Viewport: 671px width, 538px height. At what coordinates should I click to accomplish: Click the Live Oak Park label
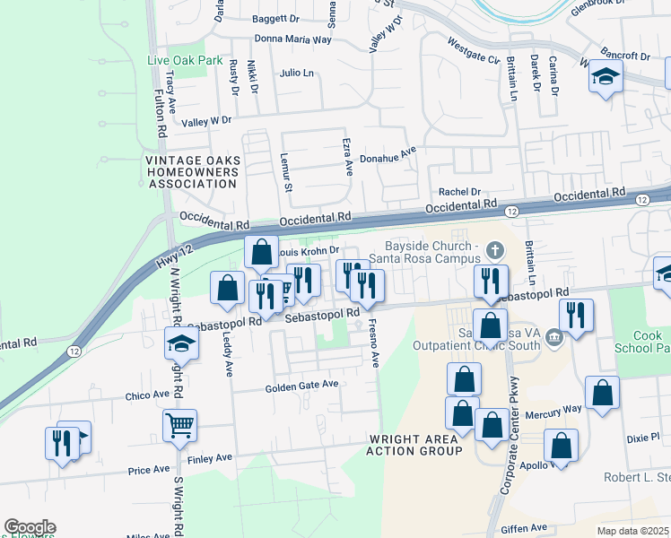[x=184, y=60]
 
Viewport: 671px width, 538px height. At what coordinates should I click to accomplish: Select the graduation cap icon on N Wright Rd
[x=180, y=343]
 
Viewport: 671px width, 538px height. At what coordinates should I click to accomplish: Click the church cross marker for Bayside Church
[x=492, y=247]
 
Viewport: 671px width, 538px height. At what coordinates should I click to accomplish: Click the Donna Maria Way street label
[x=293, y=39]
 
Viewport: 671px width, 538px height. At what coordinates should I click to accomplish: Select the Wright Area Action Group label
[x=414, y=445]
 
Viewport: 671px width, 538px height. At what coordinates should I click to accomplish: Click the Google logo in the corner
[x=30, y=527]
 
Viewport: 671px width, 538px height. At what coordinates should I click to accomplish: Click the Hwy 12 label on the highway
[x=175, y=255]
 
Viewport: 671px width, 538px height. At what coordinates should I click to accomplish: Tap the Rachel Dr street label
[x=459, y=192]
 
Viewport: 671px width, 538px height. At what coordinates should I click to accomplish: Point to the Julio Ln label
[x=297, y=73]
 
